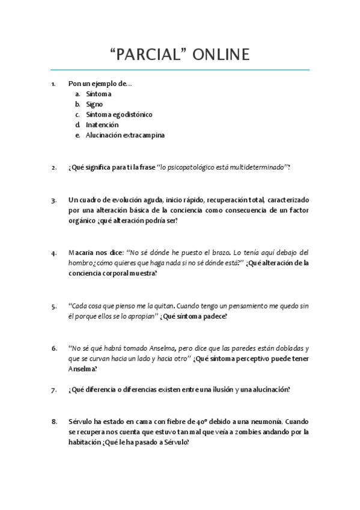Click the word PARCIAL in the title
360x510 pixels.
click(148, 55)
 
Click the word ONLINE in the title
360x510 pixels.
click(220, 55)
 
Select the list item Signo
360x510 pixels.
click(94, 104)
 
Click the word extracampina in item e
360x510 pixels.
click(143, 135)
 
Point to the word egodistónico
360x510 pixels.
click(132, 114)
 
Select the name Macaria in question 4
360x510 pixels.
click(81, 253)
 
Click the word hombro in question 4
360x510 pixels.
click(81, 263)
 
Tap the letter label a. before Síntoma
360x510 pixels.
click(78, 94)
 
